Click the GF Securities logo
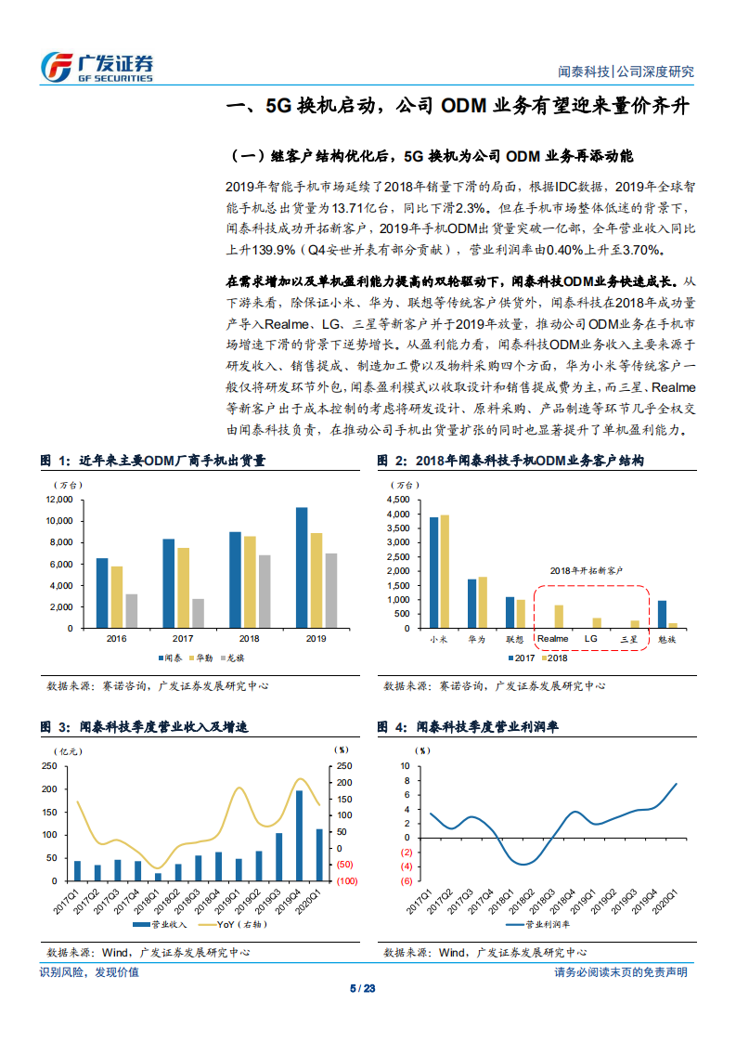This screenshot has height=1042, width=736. (97, 65)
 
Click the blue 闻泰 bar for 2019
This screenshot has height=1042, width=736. (301, 567)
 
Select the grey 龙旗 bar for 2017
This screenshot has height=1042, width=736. (197, 613)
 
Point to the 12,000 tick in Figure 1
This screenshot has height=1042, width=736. (58, 500)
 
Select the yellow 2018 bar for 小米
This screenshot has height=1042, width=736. (445, 571)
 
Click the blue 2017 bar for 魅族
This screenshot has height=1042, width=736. (688, 614)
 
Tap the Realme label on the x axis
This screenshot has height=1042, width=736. (553, 639)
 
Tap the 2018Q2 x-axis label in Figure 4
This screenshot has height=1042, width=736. (523, 902)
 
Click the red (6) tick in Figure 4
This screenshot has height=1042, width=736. (405, 880)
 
